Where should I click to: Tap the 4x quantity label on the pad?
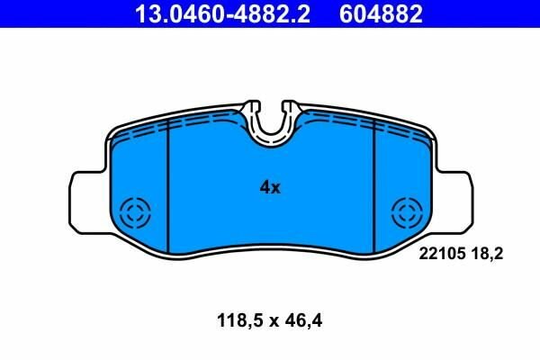270,188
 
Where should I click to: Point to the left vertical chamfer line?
169,189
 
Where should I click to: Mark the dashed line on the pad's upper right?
360,127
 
